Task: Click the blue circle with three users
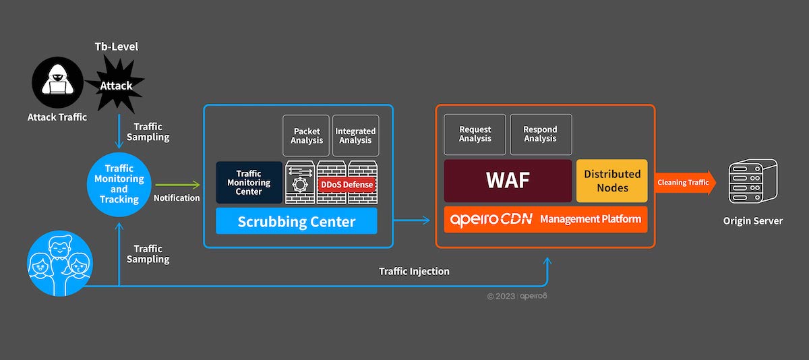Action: pos(60,264)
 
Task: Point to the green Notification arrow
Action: pos(177,184)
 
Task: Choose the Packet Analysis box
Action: pos(305,136)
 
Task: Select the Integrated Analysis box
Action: pos(355,136)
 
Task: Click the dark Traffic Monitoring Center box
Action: pos(249,182)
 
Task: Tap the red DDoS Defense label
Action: pos(346,185)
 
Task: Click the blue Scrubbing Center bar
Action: pos(296,221)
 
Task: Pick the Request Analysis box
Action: pos(475,134)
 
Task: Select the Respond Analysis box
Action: pos(540,134)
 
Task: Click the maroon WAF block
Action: pos(508,181)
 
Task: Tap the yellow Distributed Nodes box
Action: pos(611,181)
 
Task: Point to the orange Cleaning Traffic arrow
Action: pos(684,182)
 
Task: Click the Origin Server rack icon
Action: pos(752,183)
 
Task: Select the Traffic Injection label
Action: pos(414,271)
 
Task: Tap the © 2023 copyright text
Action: pos(502,296)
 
